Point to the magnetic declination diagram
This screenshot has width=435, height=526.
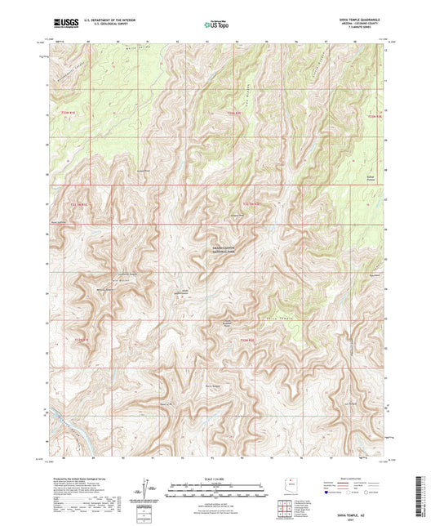point(153,488)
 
